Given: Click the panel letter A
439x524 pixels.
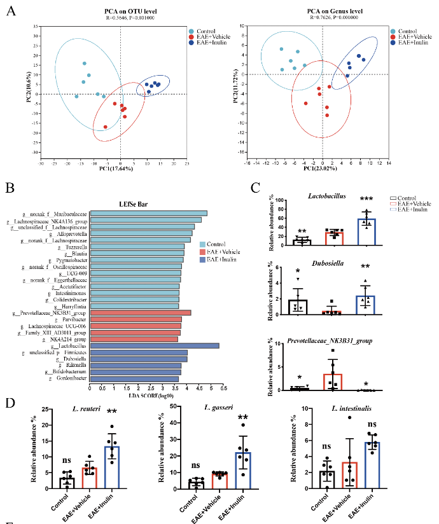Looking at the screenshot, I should coord(10,11).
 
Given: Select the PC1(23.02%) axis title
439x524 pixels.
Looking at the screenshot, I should coord(323,169).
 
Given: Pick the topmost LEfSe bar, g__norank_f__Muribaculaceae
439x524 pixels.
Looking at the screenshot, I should coord(148,213).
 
